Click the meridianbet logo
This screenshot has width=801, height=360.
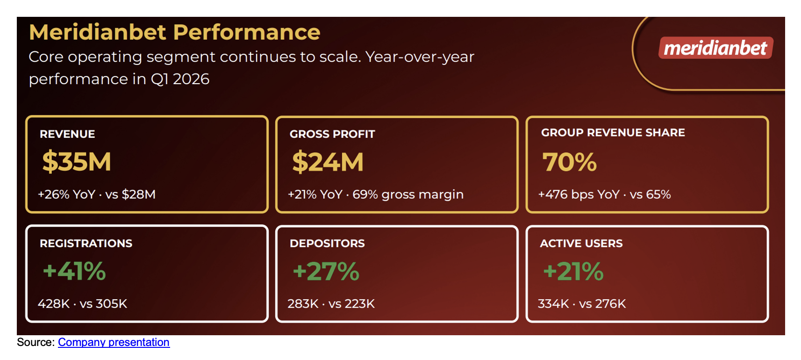click(715, 48)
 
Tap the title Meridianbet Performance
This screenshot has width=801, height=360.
click(174, 32)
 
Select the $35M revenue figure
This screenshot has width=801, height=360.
click(77, 162)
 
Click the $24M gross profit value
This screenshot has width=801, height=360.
click(328, 162)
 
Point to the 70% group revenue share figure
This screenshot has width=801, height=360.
click(569, 162)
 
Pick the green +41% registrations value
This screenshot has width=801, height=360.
click(74, 271)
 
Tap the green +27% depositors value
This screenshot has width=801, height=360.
click(326, 271)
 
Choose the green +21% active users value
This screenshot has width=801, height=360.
click(573, 271)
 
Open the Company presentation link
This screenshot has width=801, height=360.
click(114, 342)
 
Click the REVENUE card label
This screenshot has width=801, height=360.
click(67, 134)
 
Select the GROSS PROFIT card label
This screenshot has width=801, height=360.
click(332, 134)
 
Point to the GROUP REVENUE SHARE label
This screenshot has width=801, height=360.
click(613, 133)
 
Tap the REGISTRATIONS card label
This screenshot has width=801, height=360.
click(86, 244)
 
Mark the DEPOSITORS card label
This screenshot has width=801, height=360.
click(327, 244)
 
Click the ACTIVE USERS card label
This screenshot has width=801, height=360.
click(581, 244)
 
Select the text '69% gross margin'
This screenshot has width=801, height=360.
click(408, 194)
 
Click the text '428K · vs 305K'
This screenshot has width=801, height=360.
click(82, 304)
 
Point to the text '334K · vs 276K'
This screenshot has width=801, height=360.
click(581, 304)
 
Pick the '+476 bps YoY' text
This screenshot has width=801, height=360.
click(579, 194)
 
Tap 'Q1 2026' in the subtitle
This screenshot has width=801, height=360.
click(180, 79)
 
